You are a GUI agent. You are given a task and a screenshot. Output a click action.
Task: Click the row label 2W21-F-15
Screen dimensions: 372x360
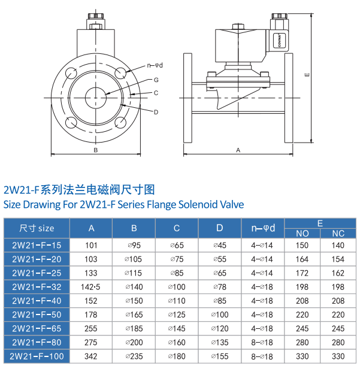pos(37,245)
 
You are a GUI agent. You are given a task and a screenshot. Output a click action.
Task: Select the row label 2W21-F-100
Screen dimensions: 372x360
pos(37,356)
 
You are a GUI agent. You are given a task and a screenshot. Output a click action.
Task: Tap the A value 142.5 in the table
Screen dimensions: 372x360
pos(91,287)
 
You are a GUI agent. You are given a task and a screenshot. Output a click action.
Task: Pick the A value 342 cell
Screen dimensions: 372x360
pos(91,356)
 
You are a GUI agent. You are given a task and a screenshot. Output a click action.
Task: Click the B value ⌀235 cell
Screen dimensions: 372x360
pos(134,356)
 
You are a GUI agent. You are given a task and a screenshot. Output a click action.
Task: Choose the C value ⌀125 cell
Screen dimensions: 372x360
pos(177,314)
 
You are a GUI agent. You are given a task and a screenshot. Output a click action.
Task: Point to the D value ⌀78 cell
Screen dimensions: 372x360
pos(220,287)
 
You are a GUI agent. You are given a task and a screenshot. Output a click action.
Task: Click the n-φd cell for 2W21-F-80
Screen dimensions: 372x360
pos(262,343)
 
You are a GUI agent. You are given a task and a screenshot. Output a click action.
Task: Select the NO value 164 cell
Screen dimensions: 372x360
pos(302,259)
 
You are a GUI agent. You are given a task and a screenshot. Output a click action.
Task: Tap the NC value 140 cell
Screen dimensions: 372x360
pos(338,245)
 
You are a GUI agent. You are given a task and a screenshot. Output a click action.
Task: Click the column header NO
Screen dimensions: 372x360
pos(302,233)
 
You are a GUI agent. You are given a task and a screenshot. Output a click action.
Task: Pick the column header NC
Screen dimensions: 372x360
pos(338,233)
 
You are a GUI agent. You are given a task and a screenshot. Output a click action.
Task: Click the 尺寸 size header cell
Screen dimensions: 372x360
pos(37,228)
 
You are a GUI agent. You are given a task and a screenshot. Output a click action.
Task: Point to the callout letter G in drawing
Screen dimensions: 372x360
pos(155,80)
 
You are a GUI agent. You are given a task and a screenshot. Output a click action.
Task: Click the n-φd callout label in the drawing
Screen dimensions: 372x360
pos(155,65)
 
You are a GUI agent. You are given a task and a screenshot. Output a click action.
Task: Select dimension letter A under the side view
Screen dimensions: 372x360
pos(238,150)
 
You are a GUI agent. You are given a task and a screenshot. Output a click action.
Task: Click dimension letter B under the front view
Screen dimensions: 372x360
pos(95,150)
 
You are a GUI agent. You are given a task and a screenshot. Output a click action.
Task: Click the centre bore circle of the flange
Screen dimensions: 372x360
pos(95,96)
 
